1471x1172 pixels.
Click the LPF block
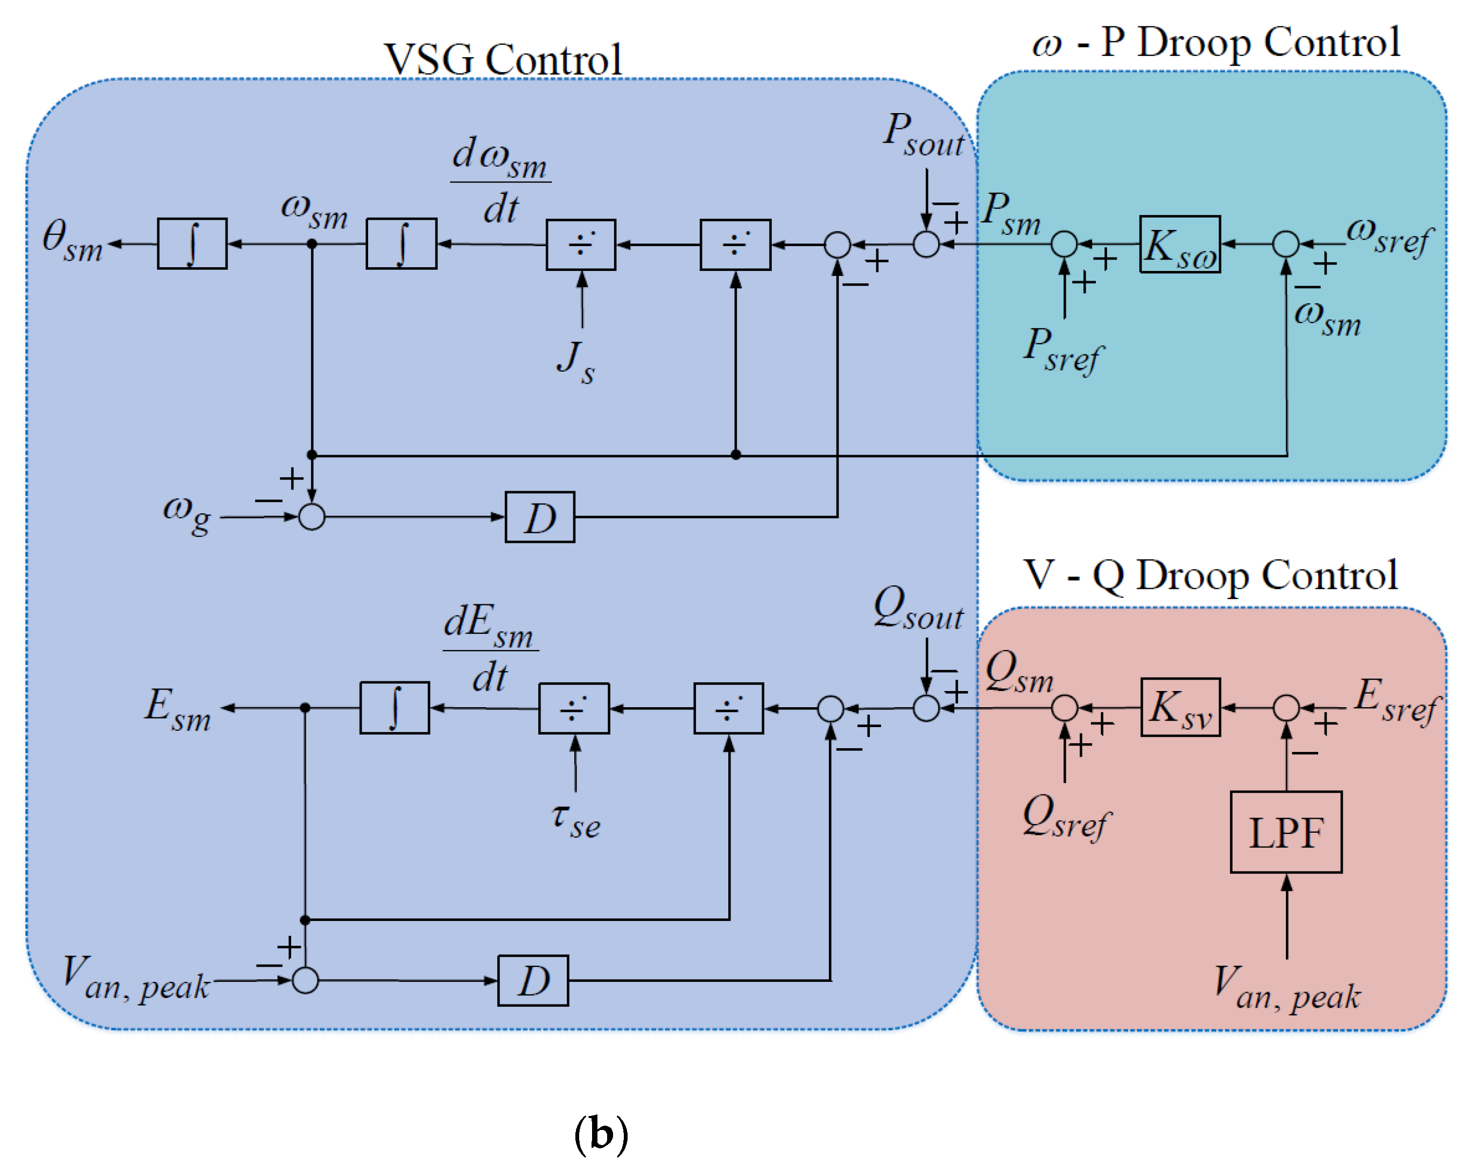point(1285,832)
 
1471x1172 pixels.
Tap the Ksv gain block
point(1180,707)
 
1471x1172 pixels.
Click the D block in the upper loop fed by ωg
point(540,517)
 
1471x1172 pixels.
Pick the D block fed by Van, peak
point(533,980)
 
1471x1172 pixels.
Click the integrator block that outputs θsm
point(192,243)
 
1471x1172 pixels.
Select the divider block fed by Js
point(581,245)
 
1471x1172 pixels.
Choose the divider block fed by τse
point(574,708)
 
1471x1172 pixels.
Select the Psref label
point(1062,350)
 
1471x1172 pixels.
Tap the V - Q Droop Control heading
point(1210,575)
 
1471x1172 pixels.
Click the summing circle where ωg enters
point(312,517)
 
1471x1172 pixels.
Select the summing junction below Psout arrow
point(926,243)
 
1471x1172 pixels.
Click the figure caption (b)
point(601,1134)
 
